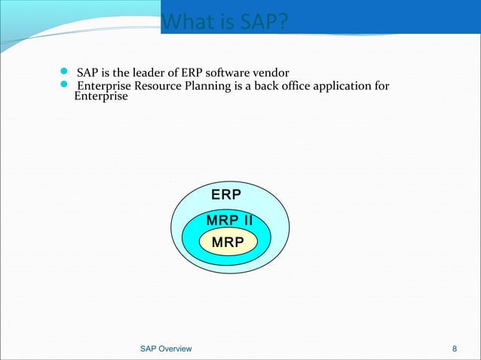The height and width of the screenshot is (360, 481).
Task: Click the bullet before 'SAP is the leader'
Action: (64, 73)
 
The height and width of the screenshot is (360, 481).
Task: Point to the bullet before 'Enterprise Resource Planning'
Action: (64, 87)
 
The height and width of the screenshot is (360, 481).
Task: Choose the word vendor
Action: (272, 72)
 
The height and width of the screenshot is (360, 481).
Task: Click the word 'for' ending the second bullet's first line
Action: (381, 86)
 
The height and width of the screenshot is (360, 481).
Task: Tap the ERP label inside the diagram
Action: (226, 195)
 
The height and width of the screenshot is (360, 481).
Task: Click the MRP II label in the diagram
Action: (228, 221)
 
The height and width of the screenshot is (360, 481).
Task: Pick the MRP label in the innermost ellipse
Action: (228, 243)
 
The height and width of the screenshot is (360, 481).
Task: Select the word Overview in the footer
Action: (175, 349)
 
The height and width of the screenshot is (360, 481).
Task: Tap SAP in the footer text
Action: (149, 349)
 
